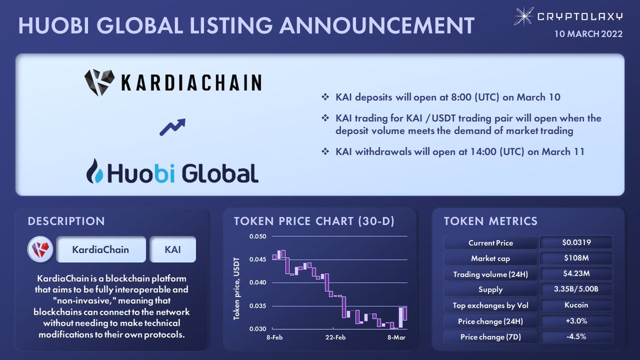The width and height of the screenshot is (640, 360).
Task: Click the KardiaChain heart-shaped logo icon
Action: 100,82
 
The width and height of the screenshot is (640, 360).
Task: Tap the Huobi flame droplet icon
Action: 95,171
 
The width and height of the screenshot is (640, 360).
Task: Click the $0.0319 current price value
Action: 576,243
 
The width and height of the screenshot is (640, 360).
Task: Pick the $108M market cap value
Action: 576,258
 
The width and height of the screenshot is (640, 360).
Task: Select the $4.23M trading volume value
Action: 576,274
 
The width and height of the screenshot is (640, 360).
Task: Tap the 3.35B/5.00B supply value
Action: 576,290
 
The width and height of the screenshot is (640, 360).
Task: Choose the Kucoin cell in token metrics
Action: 576,306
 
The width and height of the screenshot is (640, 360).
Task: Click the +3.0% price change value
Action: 576,321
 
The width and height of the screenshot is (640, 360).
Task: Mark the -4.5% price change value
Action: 576,337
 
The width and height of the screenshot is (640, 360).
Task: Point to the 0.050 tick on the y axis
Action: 257,236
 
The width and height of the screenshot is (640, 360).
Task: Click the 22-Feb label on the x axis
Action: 335,338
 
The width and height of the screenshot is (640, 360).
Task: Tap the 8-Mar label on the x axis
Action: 396,338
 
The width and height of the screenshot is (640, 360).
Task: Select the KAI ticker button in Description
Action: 173,250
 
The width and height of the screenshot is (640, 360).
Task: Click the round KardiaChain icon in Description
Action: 41,250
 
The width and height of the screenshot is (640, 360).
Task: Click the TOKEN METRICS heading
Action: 490,221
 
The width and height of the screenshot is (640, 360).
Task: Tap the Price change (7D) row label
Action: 490,337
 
